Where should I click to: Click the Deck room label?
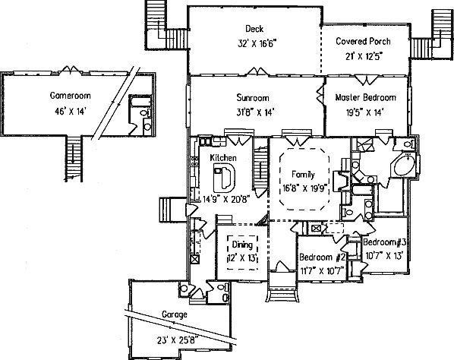(254, 29)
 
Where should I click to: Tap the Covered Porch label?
(363, 41)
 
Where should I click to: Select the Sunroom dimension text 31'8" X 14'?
(255, 112)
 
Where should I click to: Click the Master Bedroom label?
(365, 97)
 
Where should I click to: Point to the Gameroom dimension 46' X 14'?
(71, 111)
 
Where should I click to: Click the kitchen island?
(224, 178)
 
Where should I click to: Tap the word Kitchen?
(223, 158)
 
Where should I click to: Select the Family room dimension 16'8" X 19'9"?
(306, 188)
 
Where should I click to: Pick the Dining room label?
(242, 245)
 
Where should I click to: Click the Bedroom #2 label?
(322, 257)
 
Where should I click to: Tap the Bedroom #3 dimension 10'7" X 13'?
(384, 256)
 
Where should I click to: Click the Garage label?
(175, 315)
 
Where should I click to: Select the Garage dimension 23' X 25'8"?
(178, 339)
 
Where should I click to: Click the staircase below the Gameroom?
(74, 159)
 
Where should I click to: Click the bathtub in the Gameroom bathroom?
(140, 102)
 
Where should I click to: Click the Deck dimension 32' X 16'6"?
(257, 44)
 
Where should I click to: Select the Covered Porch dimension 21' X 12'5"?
(364, 56)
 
